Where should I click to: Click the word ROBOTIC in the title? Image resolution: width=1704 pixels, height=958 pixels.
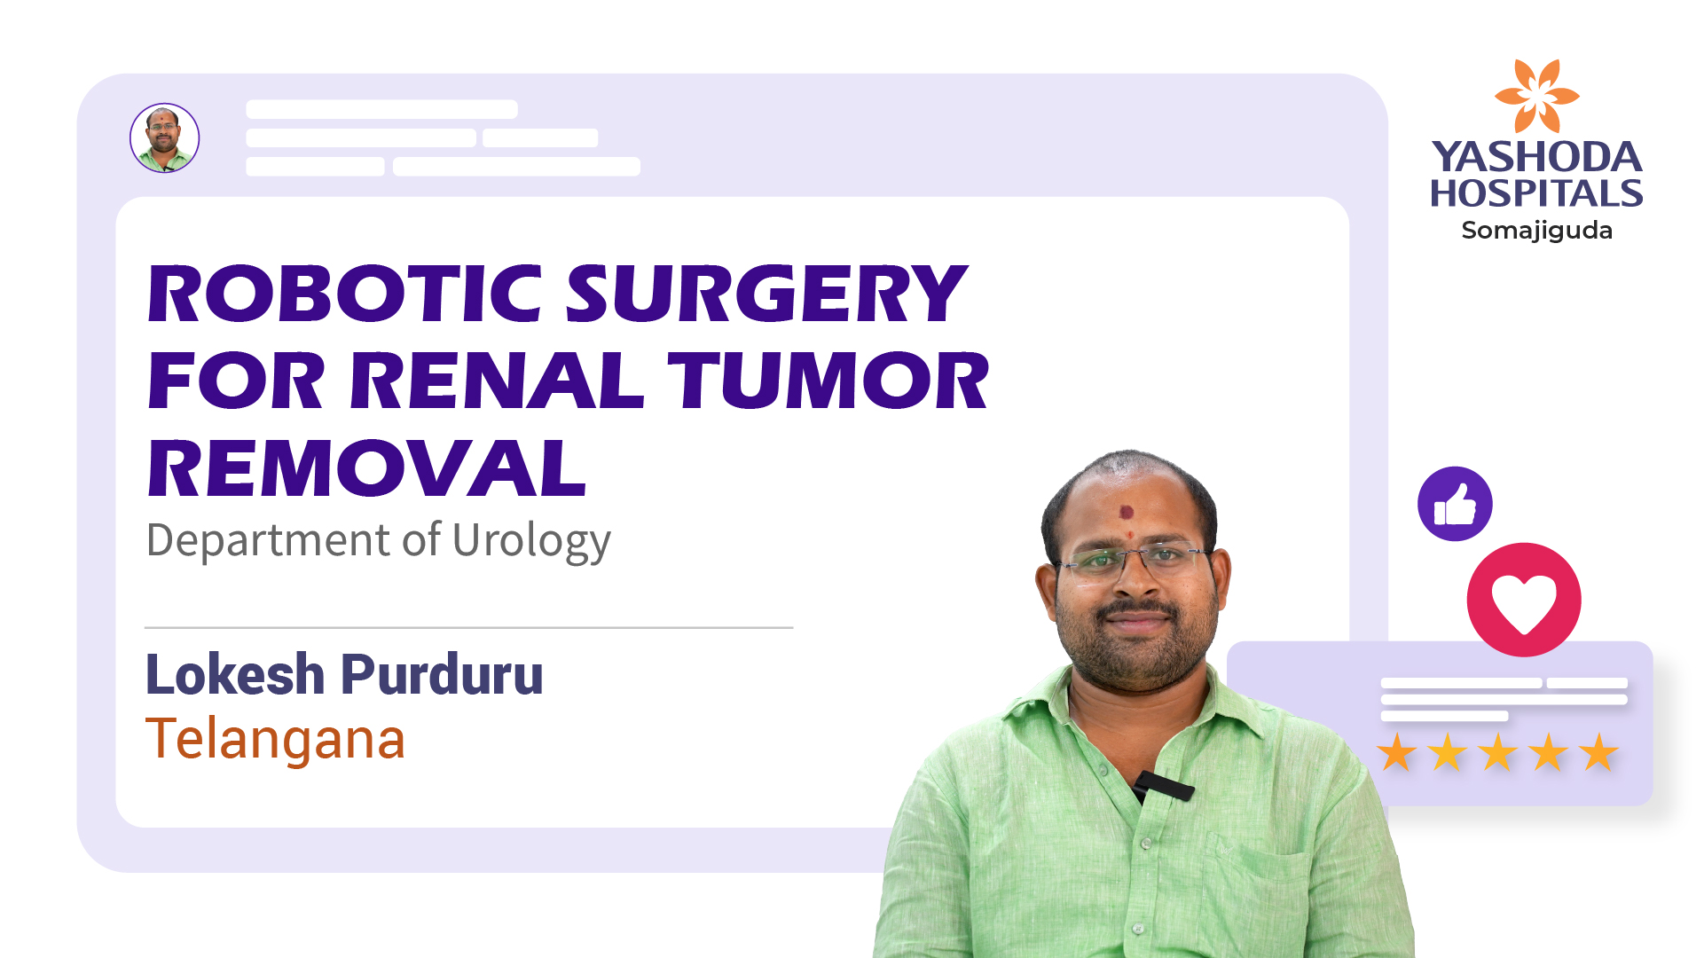(344, 294)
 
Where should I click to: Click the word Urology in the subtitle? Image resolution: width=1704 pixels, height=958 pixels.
(531, 540)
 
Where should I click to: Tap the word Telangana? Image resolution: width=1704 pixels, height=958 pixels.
(275, 739)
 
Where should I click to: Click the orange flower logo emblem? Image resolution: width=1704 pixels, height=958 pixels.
(1536, 95)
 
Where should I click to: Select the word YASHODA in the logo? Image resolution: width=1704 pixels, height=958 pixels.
(1536, 157)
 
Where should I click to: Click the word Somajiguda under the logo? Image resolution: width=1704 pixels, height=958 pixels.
(1536, 231)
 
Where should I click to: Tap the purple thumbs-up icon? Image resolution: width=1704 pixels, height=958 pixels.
(1455, 504)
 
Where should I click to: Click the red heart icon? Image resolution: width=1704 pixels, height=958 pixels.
(1524, 601)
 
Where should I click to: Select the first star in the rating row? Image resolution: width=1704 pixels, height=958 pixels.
(1397, 752)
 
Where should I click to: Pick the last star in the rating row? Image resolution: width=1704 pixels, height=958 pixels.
(1598, 752)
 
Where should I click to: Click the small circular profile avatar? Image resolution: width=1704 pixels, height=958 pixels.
(165, 138)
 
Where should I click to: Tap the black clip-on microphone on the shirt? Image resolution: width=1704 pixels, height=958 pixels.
(1164, 785)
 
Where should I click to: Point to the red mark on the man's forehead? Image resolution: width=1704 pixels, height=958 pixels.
(1127, 513)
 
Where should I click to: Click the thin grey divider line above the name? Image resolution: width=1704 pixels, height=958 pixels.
(468, 628)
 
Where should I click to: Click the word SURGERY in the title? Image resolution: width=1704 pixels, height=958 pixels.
(766, 294)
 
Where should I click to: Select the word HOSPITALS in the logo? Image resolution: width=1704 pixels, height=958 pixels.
(1536, 193)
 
